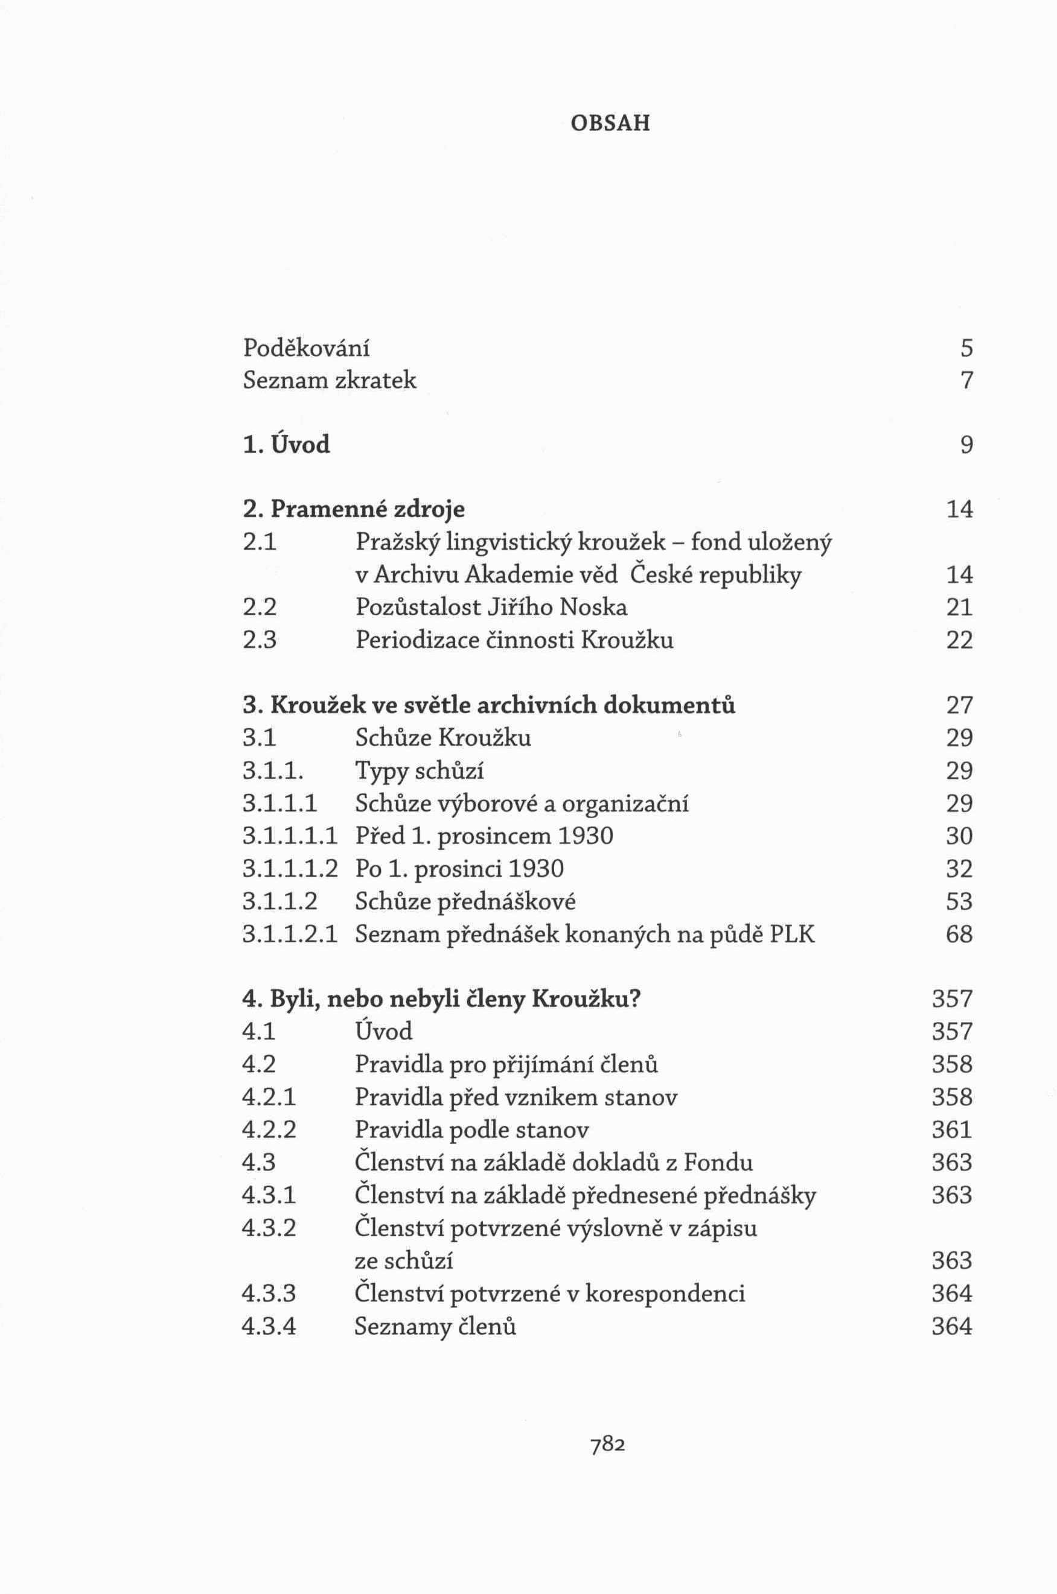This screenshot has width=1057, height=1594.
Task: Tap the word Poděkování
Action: point(306,348)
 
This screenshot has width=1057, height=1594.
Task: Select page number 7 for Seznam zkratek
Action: point(966,381)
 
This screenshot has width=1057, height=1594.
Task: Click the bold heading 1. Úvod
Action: point(287,445)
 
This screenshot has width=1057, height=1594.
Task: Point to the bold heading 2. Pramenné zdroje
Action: point(353,509)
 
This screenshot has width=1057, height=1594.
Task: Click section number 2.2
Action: point(260,608)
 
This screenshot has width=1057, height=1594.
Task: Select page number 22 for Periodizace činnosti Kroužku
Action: point(959,640)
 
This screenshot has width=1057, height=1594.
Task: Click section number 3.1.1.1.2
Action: point(289,869)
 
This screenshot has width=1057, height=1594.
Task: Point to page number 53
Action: point(959,902)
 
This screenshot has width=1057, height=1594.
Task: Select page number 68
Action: point(959,935)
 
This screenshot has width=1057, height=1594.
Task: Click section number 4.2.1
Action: point(268,1098)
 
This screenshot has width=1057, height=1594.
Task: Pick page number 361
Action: point(952,1131)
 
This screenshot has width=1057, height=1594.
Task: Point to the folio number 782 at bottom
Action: point(608,1444)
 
